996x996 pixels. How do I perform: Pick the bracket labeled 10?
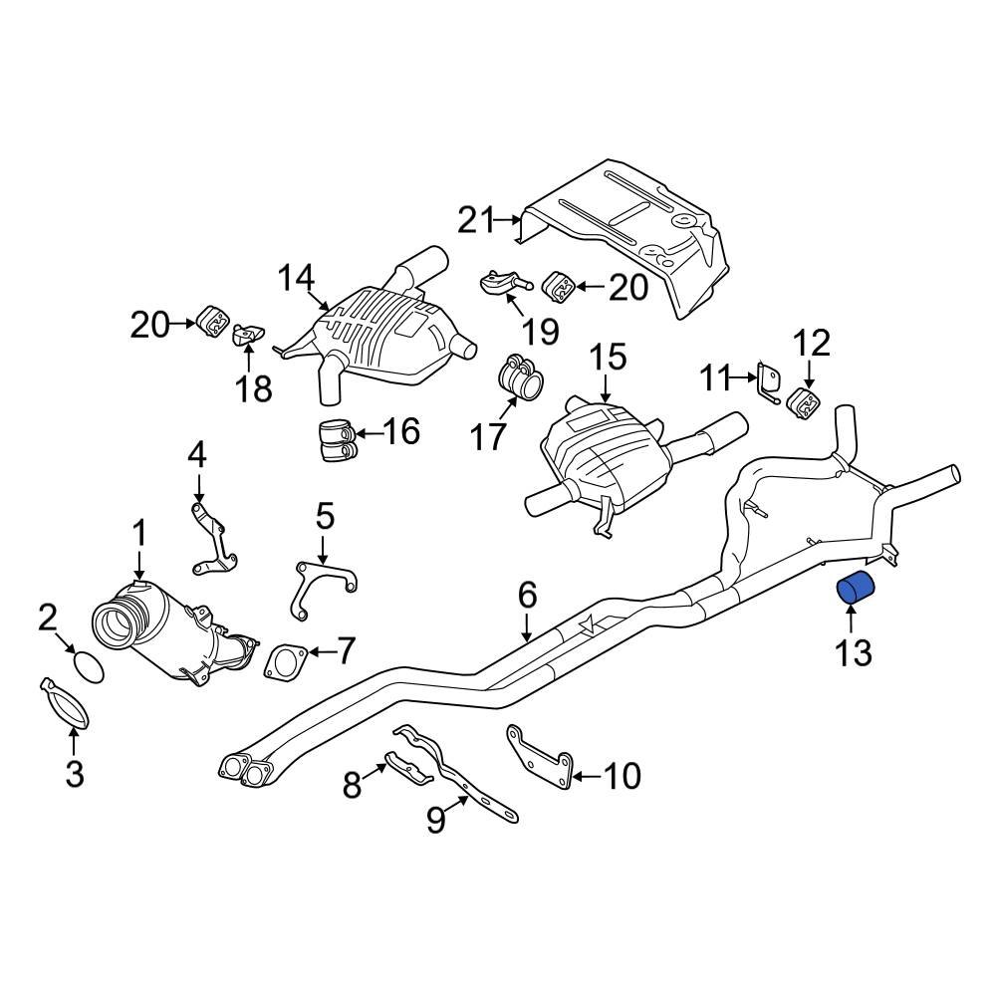[x=542, y=757]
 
